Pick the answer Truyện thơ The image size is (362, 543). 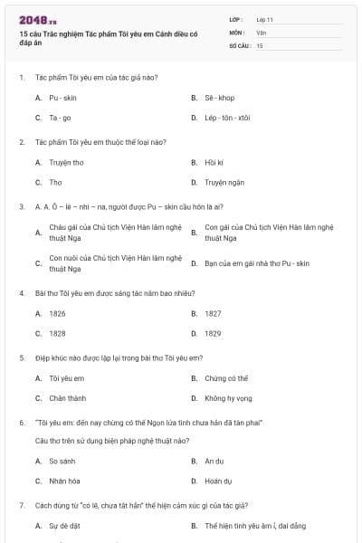tap(61, 162)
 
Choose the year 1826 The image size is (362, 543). tap(57, 313)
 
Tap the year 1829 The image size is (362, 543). tap(214, 333)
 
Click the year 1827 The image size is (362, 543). tap(214, 313)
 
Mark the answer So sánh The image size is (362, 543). tap(61, 461)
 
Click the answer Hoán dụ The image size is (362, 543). tap(214, 481)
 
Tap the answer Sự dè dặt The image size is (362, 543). tap(63, 526)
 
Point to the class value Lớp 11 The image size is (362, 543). tap(265, 19)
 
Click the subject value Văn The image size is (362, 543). tap(262, 32)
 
